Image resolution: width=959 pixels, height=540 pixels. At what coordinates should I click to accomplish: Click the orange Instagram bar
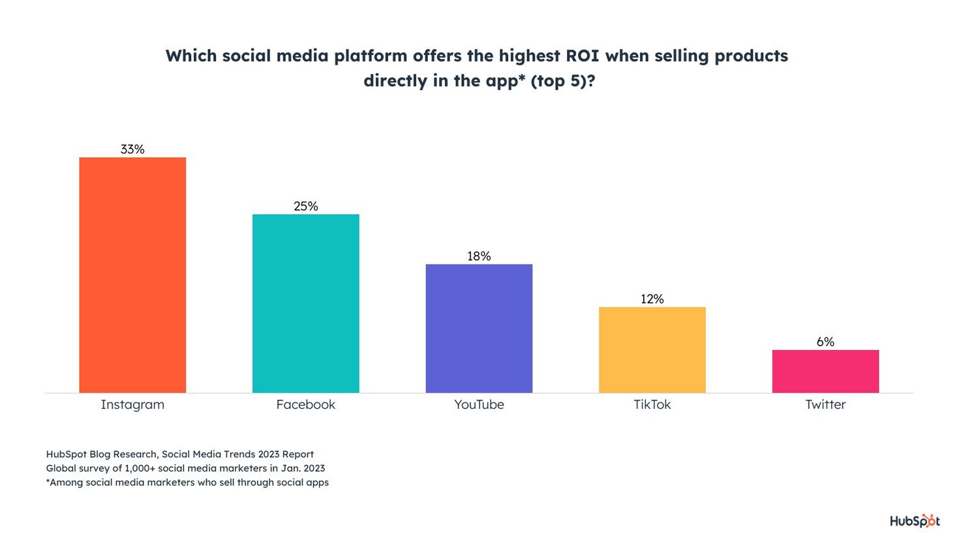[x=132, y=275]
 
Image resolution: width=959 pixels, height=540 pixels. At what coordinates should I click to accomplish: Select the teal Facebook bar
[x=305, y=304]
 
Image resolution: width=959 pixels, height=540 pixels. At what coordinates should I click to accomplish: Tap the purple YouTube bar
[x=479, y=328]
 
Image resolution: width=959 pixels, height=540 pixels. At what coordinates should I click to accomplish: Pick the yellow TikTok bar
[x=652, y=350]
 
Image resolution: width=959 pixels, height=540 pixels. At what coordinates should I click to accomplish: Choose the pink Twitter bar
[x=825, y=372]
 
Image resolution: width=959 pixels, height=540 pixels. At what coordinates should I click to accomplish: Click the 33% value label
[x=132, y=150]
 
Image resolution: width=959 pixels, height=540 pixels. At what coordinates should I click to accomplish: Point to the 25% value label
[x=305, y=206]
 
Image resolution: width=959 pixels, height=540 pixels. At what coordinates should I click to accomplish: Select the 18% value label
[x=479, y=257]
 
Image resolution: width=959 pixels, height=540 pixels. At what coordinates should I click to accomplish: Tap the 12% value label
[x=652, y=299]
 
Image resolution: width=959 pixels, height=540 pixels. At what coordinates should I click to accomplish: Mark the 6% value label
[x=825, y=342]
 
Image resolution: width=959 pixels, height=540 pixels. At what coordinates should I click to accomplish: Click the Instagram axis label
[x=132, y=405]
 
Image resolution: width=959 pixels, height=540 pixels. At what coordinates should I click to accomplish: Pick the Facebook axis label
[x=305, y=405]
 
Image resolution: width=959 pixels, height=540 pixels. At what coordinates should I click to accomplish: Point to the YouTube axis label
[x=479, y=405]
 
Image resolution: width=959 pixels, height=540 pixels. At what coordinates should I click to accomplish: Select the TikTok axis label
[x=652, y=405]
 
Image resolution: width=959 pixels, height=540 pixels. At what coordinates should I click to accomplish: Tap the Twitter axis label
[x=825, y=405]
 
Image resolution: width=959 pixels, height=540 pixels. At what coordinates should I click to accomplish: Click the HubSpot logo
[x=915, y=521]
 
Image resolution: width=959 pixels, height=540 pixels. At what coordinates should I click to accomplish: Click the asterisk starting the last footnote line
[x=48, y=481]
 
